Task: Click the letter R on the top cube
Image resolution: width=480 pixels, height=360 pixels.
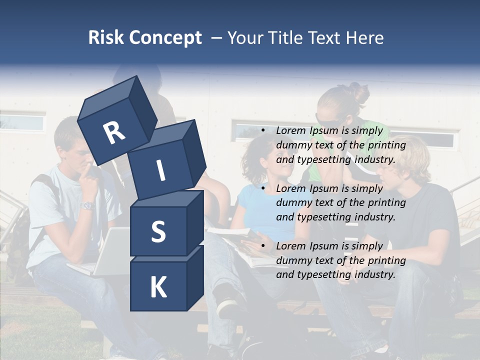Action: (114, 132)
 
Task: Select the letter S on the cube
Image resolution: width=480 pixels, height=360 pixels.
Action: (158, 231)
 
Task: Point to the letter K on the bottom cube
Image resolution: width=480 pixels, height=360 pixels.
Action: (158, 287)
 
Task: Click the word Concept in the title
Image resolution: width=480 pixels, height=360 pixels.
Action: (164, 38)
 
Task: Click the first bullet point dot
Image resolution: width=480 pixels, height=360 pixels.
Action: (263, 131)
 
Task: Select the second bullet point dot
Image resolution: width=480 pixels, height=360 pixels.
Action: (263, 189)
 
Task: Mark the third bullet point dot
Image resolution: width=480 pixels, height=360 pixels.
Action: (263, 246)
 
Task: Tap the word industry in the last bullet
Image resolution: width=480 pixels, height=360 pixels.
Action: (374, 274)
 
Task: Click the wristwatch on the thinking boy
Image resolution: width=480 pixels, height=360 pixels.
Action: (88, 205)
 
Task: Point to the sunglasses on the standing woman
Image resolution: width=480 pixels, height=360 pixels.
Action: (326, 122)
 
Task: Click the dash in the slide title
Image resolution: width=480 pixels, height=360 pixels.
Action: (216, 38)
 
